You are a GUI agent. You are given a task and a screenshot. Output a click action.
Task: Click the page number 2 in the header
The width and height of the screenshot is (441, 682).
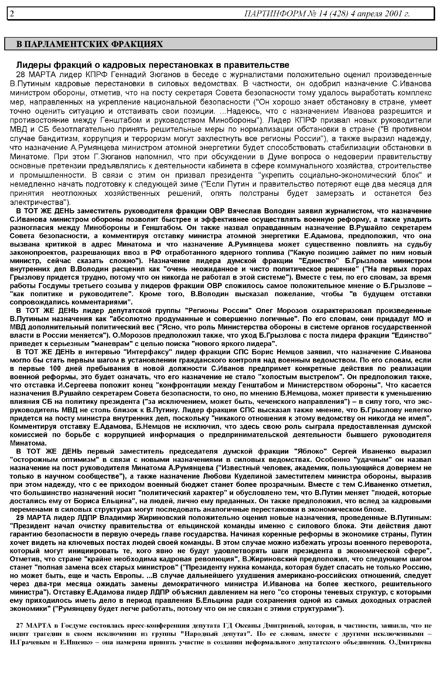[12, 13]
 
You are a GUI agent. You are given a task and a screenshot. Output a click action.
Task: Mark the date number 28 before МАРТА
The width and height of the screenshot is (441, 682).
[21, 75]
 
